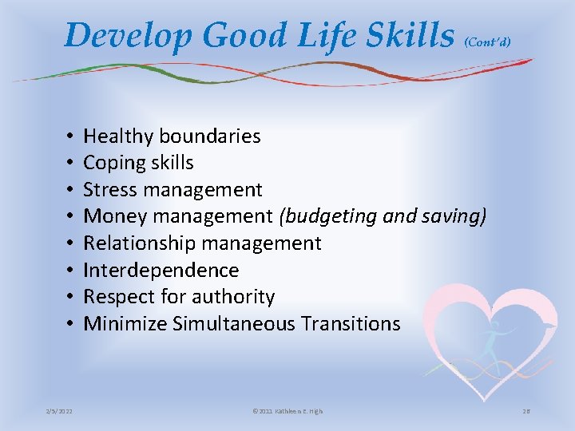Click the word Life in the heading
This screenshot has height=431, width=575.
pyautogui.click(x=311, y=35)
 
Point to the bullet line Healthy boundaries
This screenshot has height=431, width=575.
pyautogui.click(x=172, y=136)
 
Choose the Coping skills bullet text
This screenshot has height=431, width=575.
pyautogui.click(x=138, y=163)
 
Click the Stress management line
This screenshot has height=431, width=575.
pyautogui.click(x=172, y=190)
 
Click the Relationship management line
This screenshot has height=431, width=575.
pyautogui.click(x=202, y=243)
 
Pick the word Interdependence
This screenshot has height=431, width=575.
pyautogui.click(x=161, y=270)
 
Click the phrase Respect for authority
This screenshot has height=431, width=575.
pyautogui.click(x=179, y=297)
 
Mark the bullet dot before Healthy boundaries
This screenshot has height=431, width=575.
pyautogui.click(x=71, y=137)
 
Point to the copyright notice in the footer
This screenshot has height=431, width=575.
pyautogui.click(x=287, y=411)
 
